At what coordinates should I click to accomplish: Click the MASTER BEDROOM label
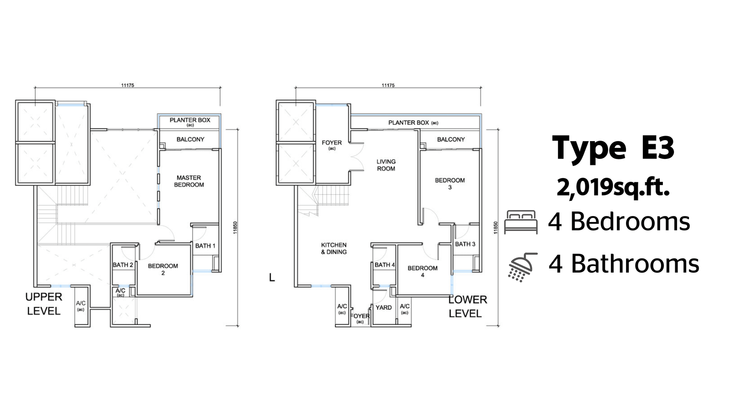[189, 181]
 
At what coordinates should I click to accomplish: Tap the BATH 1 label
[205, 246]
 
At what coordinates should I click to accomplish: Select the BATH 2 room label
[123, 265]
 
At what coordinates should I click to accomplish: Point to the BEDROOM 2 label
[163, 269]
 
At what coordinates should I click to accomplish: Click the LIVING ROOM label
[386, 165]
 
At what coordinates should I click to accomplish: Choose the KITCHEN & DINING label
[334, 248]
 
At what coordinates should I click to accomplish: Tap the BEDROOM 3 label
[450, 184]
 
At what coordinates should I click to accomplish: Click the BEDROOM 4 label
[422, 271]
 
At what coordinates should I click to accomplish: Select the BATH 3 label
[465, 244]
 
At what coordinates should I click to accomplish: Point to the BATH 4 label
[385, 265]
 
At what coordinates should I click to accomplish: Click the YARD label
[384, 308]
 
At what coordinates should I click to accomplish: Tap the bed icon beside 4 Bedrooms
[521, 222]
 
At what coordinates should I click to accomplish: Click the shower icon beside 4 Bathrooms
[523, 267]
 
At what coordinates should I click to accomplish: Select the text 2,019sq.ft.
[613, 188]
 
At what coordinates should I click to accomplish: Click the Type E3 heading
[613, 148]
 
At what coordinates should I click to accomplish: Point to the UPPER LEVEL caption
[44, 304]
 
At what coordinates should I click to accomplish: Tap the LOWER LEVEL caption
[468, 306]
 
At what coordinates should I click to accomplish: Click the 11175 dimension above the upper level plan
[128, 85]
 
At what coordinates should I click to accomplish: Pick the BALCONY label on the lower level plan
[451, 139]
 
